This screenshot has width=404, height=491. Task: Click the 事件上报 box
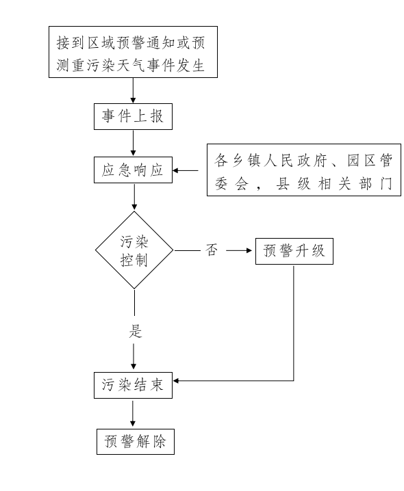point(133,116)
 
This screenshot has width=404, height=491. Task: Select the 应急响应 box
point(133,170)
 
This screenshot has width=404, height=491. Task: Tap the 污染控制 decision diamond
point(134,250)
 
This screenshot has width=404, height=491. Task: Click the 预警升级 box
point(294,251)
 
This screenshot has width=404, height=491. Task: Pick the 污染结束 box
point(133,385)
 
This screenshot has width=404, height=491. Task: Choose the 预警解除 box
point(136,442)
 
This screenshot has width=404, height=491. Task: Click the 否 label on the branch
point(212,250)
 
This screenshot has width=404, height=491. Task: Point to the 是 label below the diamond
point(136,331)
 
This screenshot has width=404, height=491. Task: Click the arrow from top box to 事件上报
point(133,90)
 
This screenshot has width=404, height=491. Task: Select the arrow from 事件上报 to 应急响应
point(133,143)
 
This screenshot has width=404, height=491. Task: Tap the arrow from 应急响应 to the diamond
point(134,197)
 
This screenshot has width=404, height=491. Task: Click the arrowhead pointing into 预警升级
point(249,250)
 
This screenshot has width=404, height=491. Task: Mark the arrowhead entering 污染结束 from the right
point(176,381)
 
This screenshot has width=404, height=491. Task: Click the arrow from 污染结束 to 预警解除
point(133,413)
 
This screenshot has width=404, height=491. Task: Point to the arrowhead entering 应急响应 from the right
point(176,171)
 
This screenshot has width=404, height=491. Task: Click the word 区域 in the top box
point(101,43)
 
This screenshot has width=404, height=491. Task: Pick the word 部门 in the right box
point(376,184)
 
